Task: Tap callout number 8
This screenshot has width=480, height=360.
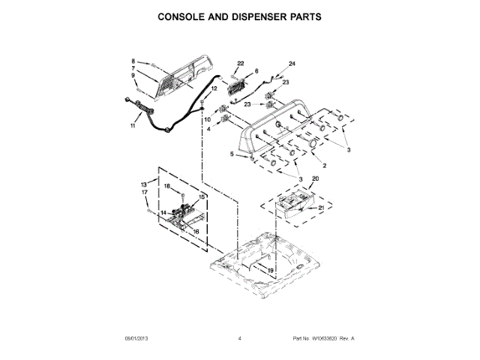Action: [x=133, y=61]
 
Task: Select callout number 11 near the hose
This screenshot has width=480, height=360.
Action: [x=133, y=126]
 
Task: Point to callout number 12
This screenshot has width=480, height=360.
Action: [x=214, y=89]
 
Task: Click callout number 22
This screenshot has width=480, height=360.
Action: [x=241, y=64]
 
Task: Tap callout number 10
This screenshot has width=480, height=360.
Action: [x=208, y=120]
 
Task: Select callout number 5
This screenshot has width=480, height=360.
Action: [x=232, y=154]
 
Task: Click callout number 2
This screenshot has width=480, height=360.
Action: [x=323, y=164]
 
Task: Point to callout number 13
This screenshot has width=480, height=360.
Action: [x=143, y=184]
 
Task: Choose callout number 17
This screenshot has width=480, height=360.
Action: [x=145, y=193]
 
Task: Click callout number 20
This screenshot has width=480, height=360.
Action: [x=315, y=178]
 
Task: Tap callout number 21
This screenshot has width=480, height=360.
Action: [x=322, y=207]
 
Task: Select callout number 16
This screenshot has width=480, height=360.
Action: [x=196, y=232]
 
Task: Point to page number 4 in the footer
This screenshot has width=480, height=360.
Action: [x=239, y=339]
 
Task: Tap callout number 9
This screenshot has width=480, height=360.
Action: [x=133, y=75]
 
